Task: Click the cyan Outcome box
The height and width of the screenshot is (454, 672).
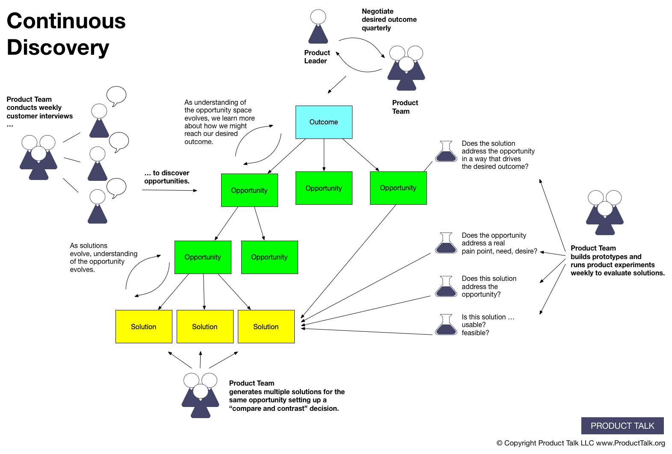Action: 324,122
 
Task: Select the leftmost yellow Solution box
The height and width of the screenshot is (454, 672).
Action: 144,327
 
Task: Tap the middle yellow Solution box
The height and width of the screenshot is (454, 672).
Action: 205,327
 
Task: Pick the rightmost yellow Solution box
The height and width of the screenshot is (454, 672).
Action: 266,327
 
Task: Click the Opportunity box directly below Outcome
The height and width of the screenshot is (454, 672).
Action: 324,188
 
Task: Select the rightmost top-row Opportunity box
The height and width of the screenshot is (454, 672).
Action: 398,188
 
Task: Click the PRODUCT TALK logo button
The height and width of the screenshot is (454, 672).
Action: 622,426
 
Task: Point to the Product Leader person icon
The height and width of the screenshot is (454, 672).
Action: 318,27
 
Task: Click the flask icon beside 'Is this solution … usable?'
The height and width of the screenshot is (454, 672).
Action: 446,325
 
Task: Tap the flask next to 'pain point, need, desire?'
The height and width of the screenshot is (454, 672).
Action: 446,243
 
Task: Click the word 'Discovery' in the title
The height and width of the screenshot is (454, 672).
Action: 58,47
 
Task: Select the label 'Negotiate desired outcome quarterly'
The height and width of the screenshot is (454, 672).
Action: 388,20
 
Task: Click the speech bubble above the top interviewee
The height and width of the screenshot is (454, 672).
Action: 116,96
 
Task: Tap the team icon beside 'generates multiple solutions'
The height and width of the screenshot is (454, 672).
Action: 200,395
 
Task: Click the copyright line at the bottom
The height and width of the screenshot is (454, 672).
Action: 580,443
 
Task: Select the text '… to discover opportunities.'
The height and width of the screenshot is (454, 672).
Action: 167,177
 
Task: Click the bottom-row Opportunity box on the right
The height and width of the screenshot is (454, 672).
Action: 269,257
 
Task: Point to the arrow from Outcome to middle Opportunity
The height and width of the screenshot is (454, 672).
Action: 324,155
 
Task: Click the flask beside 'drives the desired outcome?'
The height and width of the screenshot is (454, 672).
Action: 446,152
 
